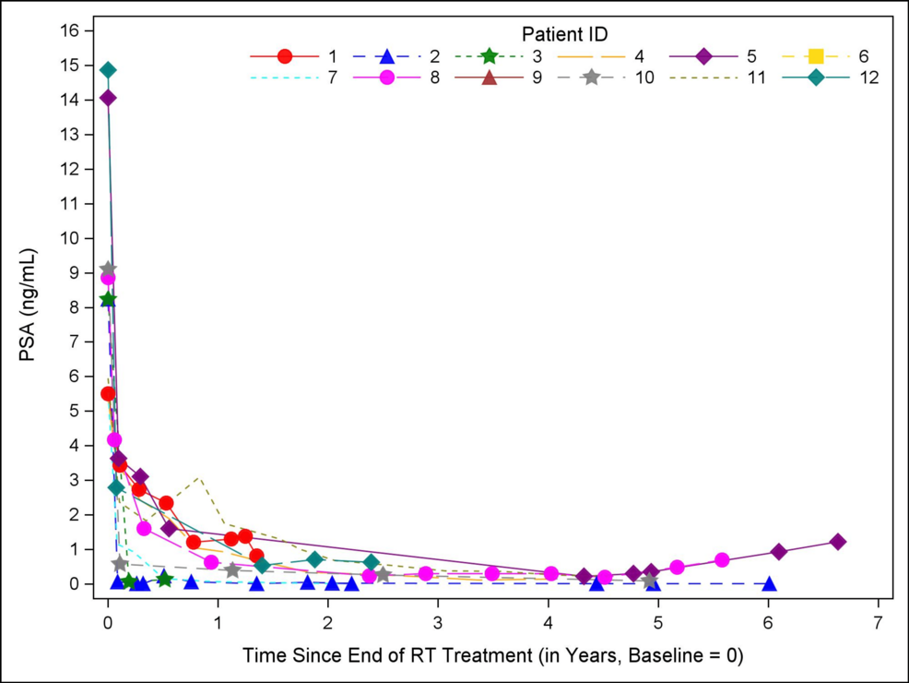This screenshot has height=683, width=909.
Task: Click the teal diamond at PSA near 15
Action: (108, 70)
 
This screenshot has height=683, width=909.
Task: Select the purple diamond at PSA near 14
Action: (108, 98)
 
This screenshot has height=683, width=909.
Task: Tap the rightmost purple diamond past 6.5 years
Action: (837, 542)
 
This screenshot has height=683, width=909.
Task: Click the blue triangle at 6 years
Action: (769, 583)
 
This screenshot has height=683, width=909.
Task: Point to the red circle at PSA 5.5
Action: (108, 394)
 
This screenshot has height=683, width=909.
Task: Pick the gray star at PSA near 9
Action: (108, 270)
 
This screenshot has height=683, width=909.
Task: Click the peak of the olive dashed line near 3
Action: (198, 478)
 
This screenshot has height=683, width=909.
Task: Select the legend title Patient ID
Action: (564, 34)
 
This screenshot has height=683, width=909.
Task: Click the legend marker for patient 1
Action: (285, 56)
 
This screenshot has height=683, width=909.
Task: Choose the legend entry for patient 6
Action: (816, 56)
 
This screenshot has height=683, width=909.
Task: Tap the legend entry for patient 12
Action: (816, 78)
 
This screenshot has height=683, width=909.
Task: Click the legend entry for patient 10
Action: (591, 78)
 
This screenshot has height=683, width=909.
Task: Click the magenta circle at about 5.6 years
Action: (722, 560)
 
